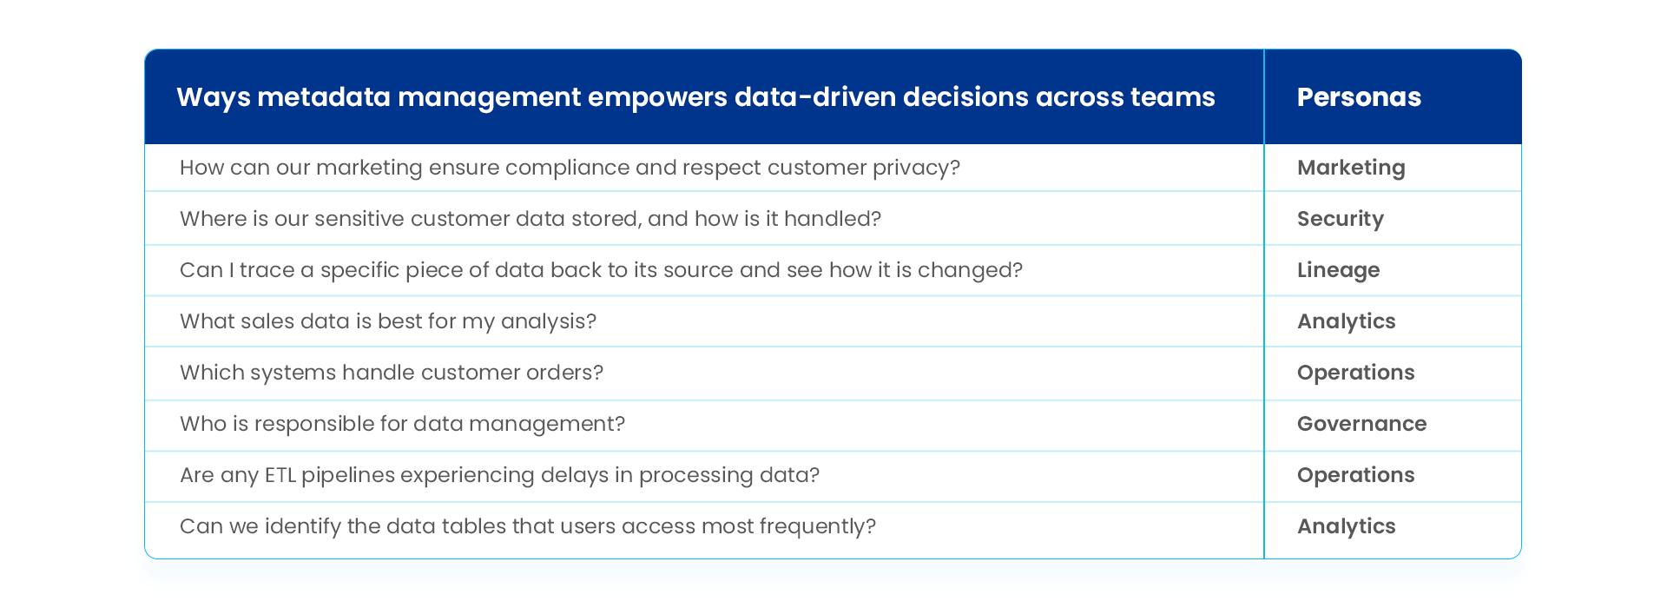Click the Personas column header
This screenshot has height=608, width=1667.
click(1358, 96)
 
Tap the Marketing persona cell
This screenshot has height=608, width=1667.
click(1350, 168)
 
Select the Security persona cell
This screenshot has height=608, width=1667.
click(1340, 219)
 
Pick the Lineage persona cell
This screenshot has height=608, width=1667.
click(1338, 270)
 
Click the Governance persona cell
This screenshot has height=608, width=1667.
click(1361, 424)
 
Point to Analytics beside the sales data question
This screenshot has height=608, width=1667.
click(1346, 321)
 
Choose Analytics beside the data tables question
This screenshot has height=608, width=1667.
click(1346, 526)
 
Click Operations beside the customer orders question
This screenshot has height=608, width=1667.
click(1355, 373)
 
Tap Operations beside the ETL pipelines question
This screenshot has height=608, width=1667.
click(1355, 475)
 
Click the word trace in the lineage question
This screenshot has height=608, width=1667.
click(267, 270)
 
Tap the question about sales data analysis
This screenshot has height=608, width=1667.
click(387, 321)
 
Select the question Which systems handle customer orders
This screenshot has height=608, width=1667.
click(391, 373)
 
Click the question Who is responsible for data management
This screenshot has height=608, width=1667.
click(402, 424)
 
